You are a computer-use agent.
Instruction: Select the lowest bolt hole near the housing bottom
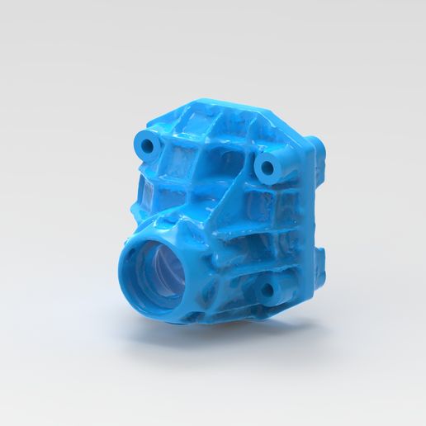[266, 290]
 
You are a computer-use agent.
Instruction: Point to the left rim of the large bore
[125, 272]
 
